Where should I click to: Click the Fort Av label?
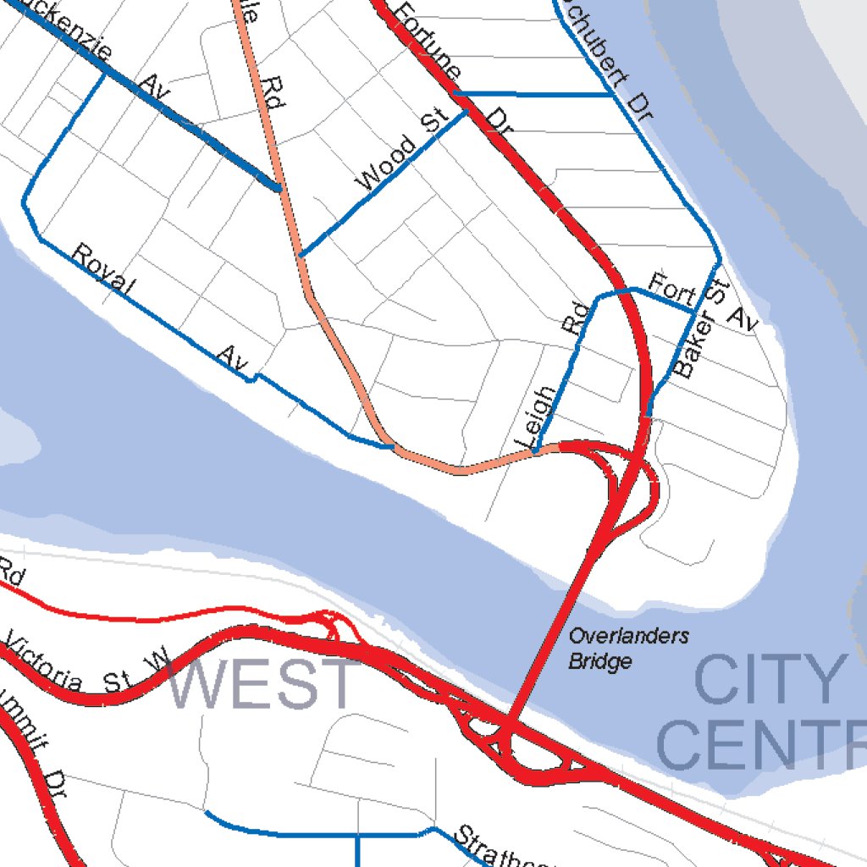(702, 302)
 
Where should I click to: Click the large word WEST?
(262, 684)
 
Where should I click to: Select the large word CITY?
(766, 680)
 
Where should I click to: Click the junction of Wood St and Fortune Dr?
(466, 110)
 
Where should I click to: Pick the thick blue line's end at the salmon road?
(279, 188)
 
